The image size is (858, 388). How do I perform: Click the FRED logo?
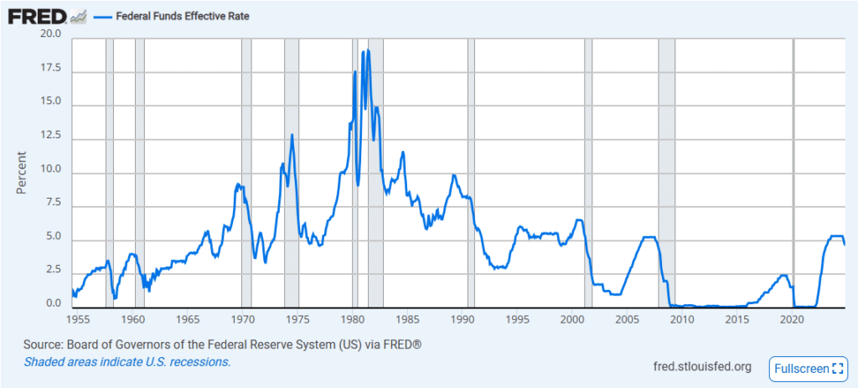[x=37, y=15]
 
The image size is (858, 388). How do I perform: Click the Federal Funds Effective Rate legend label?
[x=181, y=16]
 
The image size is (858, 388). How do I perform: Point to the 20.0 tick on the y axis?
[x=51, y=34]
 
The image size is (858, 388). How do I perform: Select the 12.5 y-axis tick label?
[x=51, y=137]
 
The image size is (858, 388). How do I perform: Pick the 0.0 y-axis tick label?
[x=54, y=303]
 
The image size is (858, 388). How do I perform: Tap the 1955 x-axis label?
[x=77, y=319]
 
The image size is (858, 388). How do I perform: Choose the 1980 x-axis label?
[x=352, y=319]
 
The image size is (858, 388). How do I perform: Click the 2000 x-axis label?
[x=572, y=319]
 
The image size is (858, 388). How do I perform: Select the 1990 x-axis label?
[x=463, y=319]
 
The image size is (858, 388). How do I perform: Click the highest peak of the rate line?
[x=368, y=51]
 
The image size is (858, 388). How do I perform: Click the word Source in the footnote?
[x=44, y=345]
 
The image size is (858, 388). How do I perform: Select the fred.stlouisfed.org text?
[x=701, y=366]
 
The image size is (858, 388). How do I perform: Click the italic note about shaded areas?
[x=127, y=362]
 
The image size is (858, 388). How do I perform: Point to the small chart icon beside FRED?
[x=78, y=15]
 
